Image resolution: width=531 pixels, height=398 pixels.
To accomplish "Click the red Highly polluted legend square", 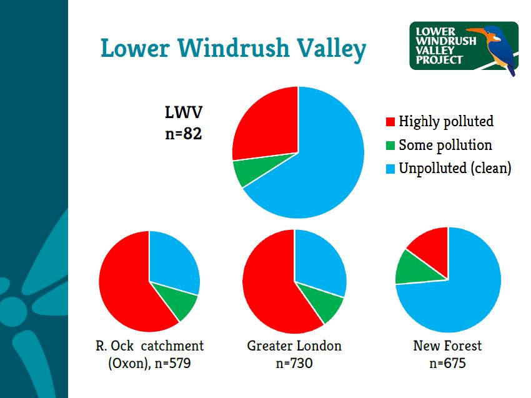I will (390, 122).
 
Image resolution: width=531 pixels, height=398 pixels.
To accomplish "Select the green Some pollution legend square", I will (390, 146).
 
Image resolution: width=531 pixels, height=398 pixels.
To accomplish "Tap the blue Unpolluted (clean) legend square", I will (390, 169).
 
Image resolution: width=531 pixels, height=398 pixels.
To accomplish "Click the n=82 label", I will (184, 134).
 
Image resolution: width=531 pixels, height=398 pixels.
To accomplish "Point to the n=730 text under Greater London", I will (294, 362).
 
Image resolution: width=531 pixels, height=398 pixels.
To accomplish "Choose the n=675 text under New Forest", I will (447, 362).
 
